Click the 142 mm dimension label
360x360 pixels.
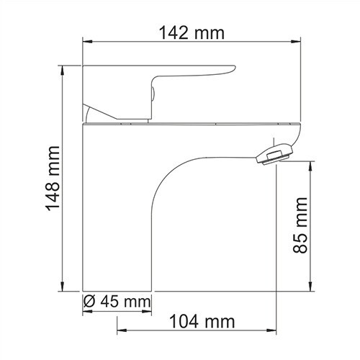click(x=192, y=33)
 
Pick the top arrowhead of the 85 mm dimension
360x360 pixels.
click(x=311, y=163)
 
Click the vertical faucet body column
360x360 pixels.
click(x=119, y=216)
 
